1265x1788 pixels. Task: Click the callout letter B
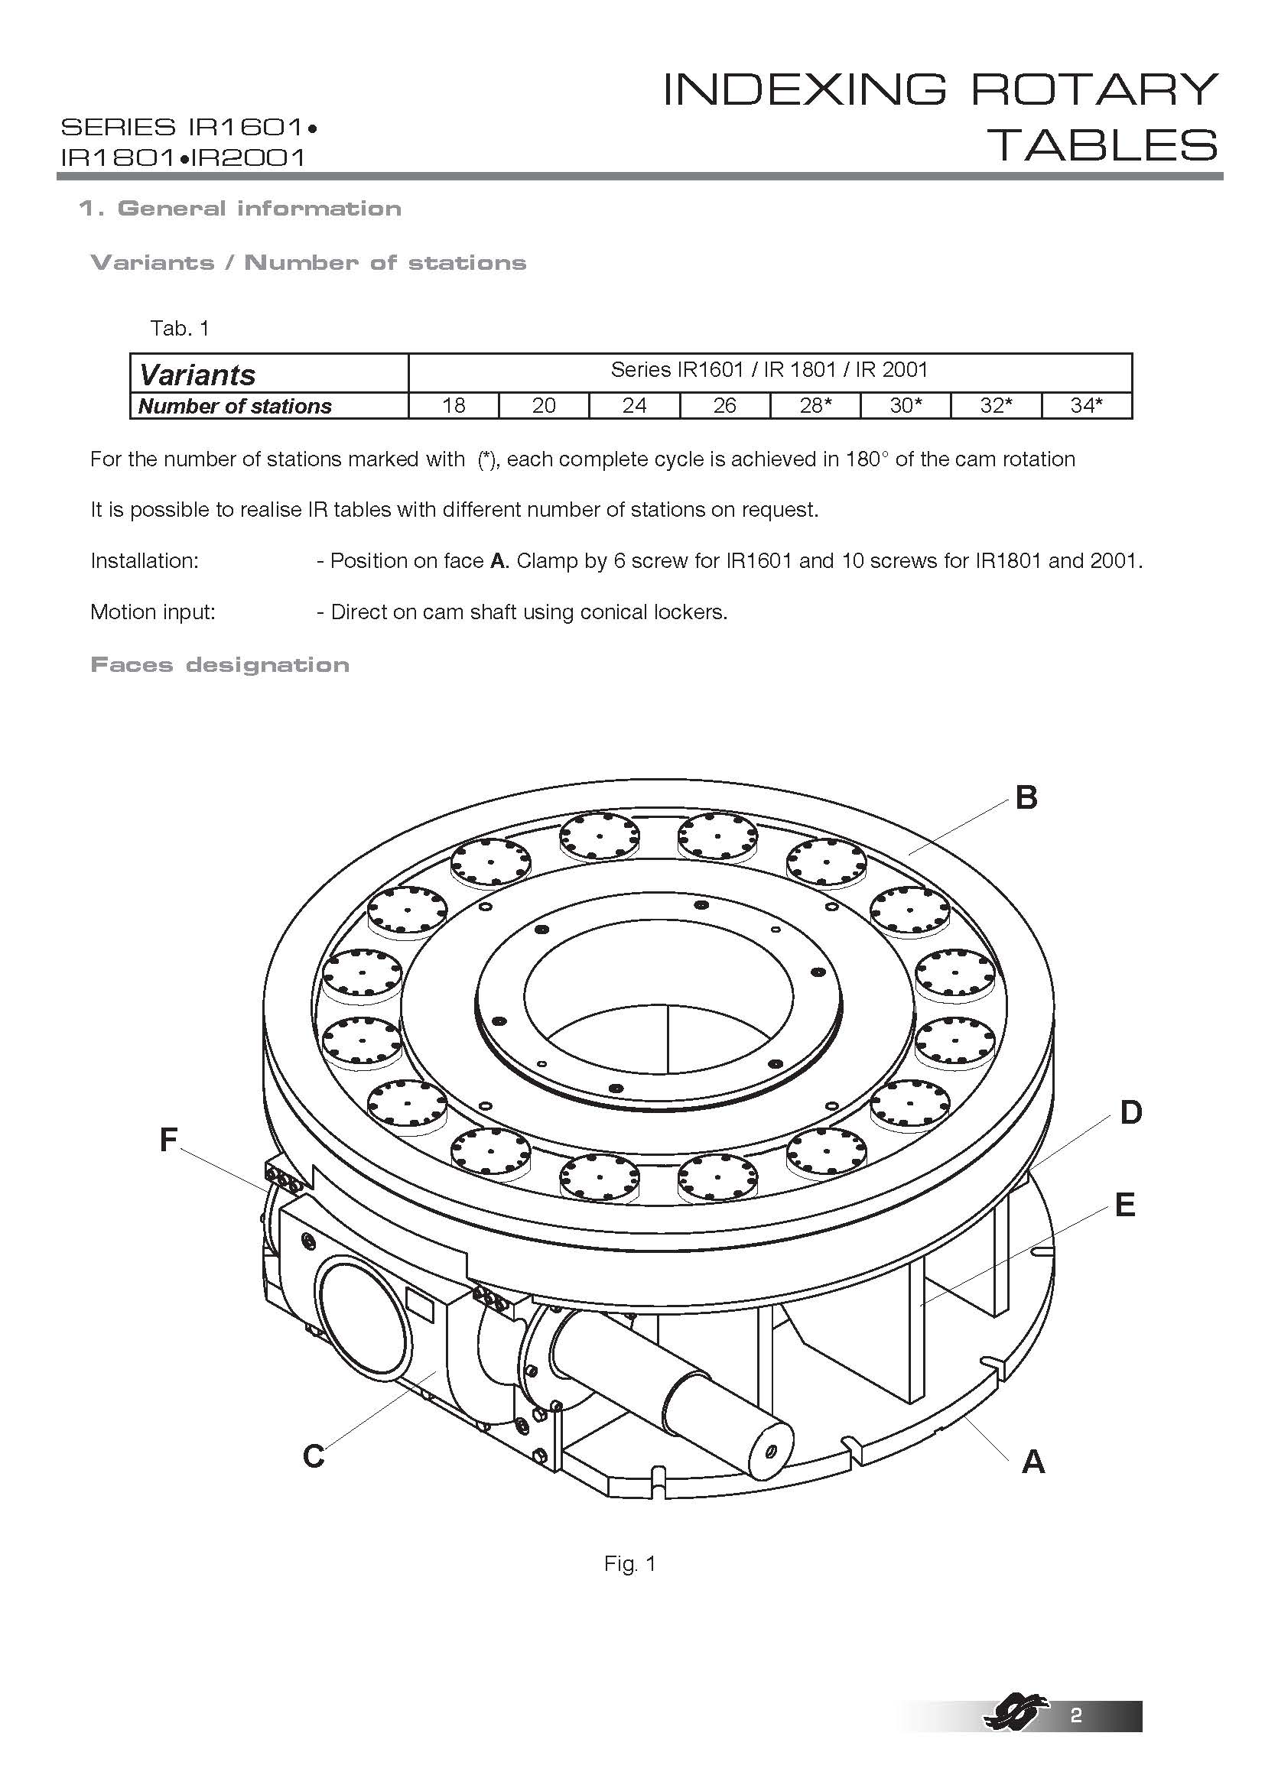(x=1026, y=798)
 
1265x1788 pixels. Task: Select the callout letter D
(x=1130, y=1114)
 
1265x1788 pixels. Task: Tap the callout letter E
(x=1125, y=1206)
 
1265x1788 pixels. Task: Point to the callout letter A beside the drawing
(x=1032, y=1462)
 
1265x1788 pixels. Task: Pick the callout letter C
(x=313, y=1455)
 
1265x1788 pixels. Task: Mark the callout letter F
(x=168, y=1141)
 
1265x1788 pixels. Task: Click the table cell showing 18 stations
(x=454, y=406)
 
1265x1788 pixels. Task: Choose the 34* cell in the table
(x=1086, y=406)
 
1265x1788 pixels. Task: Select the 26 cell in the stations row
(x=724, y=406)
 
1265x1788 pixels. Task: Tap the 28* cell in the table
(x=815, y=406)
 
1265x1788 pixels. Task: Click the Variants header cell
(x=197, y=375)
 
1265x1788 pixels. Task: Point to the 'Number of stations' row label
(x=235, y=407)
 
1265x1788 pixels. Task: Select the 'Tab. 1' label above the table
(x=180, y=329)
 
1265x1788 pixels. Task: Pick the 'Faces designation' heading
(x=220, y=665)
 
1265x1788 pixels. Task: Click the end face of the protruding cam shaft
(x=768, y=1450)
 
